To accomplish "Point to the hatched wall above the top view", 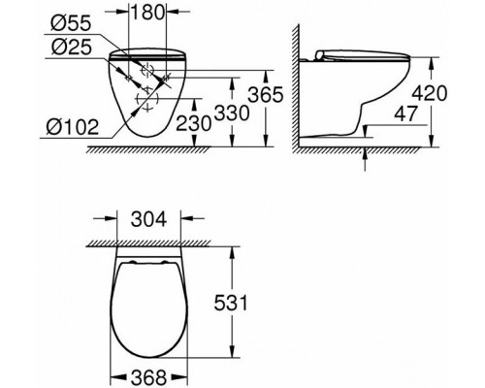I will (150, 245).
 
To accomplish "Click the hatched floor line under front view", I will (145, 149).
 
